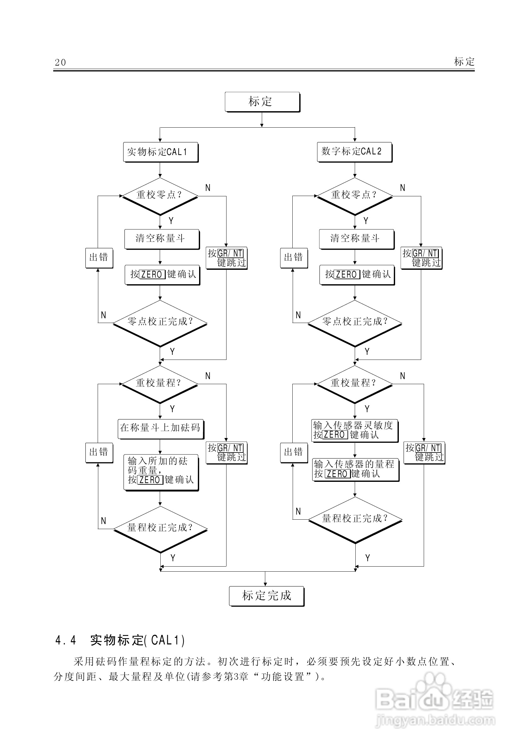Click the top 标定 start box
[262, 101]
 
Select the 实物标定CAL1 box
[160, 152]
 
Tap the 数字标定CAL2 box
[354, 152]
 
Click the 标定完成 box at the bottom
[266, 596]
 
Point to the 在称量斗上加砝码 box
[160, 429]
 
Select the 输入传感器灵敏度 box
[355, 430]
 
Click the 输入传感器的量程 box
[355, 469]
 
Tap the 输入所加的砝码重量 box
[161, 472]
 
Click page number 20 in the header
[60, 62]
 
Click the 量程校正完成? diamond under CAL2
[355, 519]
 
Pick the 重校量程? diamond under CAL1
[160, 384]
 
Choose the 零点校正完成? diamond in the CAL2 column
[355, 322]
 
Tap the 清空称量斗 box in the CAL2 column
[356, 239]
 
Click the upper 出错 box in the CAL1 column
[99, 258]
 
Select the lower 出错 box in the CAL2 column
[294, 453]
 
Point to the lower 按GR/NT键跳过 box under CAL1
[226, 453]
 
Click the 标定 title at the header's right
[464, 61]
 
